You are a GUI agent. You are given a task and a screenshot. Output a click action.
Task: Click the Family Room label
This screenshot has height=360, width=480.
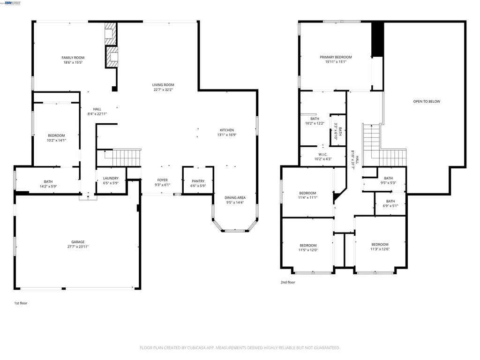click(x=73, y=58)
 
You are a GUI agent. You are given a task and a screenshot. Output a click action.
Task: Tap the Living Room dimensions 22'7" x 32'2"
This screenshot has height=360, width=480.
click(x=163, y=90)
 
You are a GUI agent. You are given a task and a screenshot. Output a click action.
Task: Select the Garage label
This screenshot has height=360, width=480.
click(x=78, y=242)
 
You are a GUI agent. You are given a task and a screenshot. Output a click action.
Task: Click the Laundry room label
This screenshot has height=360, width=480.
click(x=111, y=178)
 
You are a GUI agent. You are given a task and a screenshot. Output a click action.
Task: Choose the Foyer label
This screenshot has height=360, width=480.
click(x=162, y=180)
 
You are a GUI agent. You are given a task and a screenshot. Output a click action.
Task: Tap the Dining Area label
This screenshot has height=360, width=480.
click(x=235, y=198)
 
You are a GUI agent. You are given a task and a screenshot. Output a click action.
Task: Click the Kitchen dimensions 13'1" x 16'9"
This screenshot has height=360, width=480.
click(x=227, y=135)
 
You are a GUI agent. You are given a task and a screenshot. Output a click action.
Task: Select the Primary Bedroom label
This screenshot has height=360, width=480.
click(x=336, y=57)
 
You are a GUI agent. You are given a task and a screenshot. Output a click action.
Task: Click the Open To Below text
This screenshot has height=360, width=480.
click(x=427, y=101)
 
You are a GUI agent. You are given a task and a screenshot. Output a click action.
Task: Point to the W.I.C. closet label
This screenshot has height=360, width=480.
click(x=322, y=154)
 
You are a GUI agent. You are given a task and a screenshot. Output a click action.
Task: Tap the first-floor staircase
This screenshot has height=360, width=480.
click(x=125, y=157)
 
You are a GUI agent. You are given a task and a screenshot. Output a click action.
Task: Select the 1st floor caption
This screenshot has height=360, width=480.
click(x=21, y=303)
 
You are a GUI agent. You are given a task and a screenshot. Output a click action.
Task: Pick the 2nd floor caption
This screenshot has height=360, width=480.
click(x=288, y=282)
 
